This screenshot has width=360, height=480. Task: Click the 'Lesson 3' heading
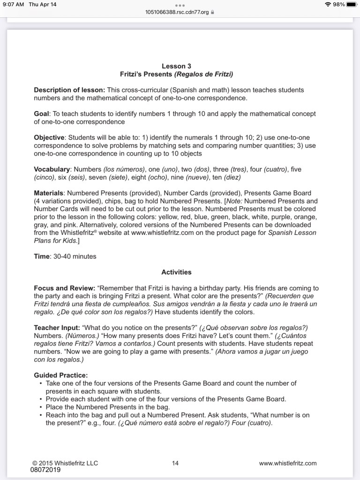(x=176, y=66)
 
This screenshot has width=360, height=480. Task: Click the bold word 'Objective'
(x=49, y=138)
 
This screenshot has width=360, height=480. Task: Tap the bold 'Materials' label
(x=49, y=193)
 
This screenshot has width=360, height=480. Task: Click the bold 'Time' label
(x=41, y=256)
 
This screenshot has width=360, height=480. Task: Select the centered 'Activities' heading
(x=176, y=272)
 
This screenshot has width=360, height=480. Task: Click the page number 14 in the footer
(x=175, y=463)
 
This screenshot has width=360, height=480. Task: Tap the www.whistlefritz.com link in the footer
(x=287, y=463)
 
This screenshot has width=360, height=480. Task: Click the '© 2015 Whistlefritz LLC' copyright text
(x=65, y=463)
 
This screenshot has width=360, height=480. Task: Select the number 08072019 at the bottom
(x=45, y=469)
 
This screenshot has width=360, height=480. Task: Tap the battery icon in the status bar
(x=352, y=5)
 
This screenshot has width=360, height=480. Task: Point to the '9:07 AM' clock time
(x=12, y=5)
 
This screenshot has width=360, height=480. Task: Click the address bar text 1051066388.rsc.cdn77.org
(x=177, y=13)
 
